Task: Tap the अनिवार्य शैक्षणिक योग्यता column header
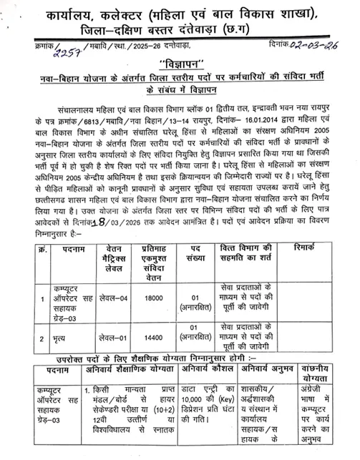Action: point(123,370)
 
